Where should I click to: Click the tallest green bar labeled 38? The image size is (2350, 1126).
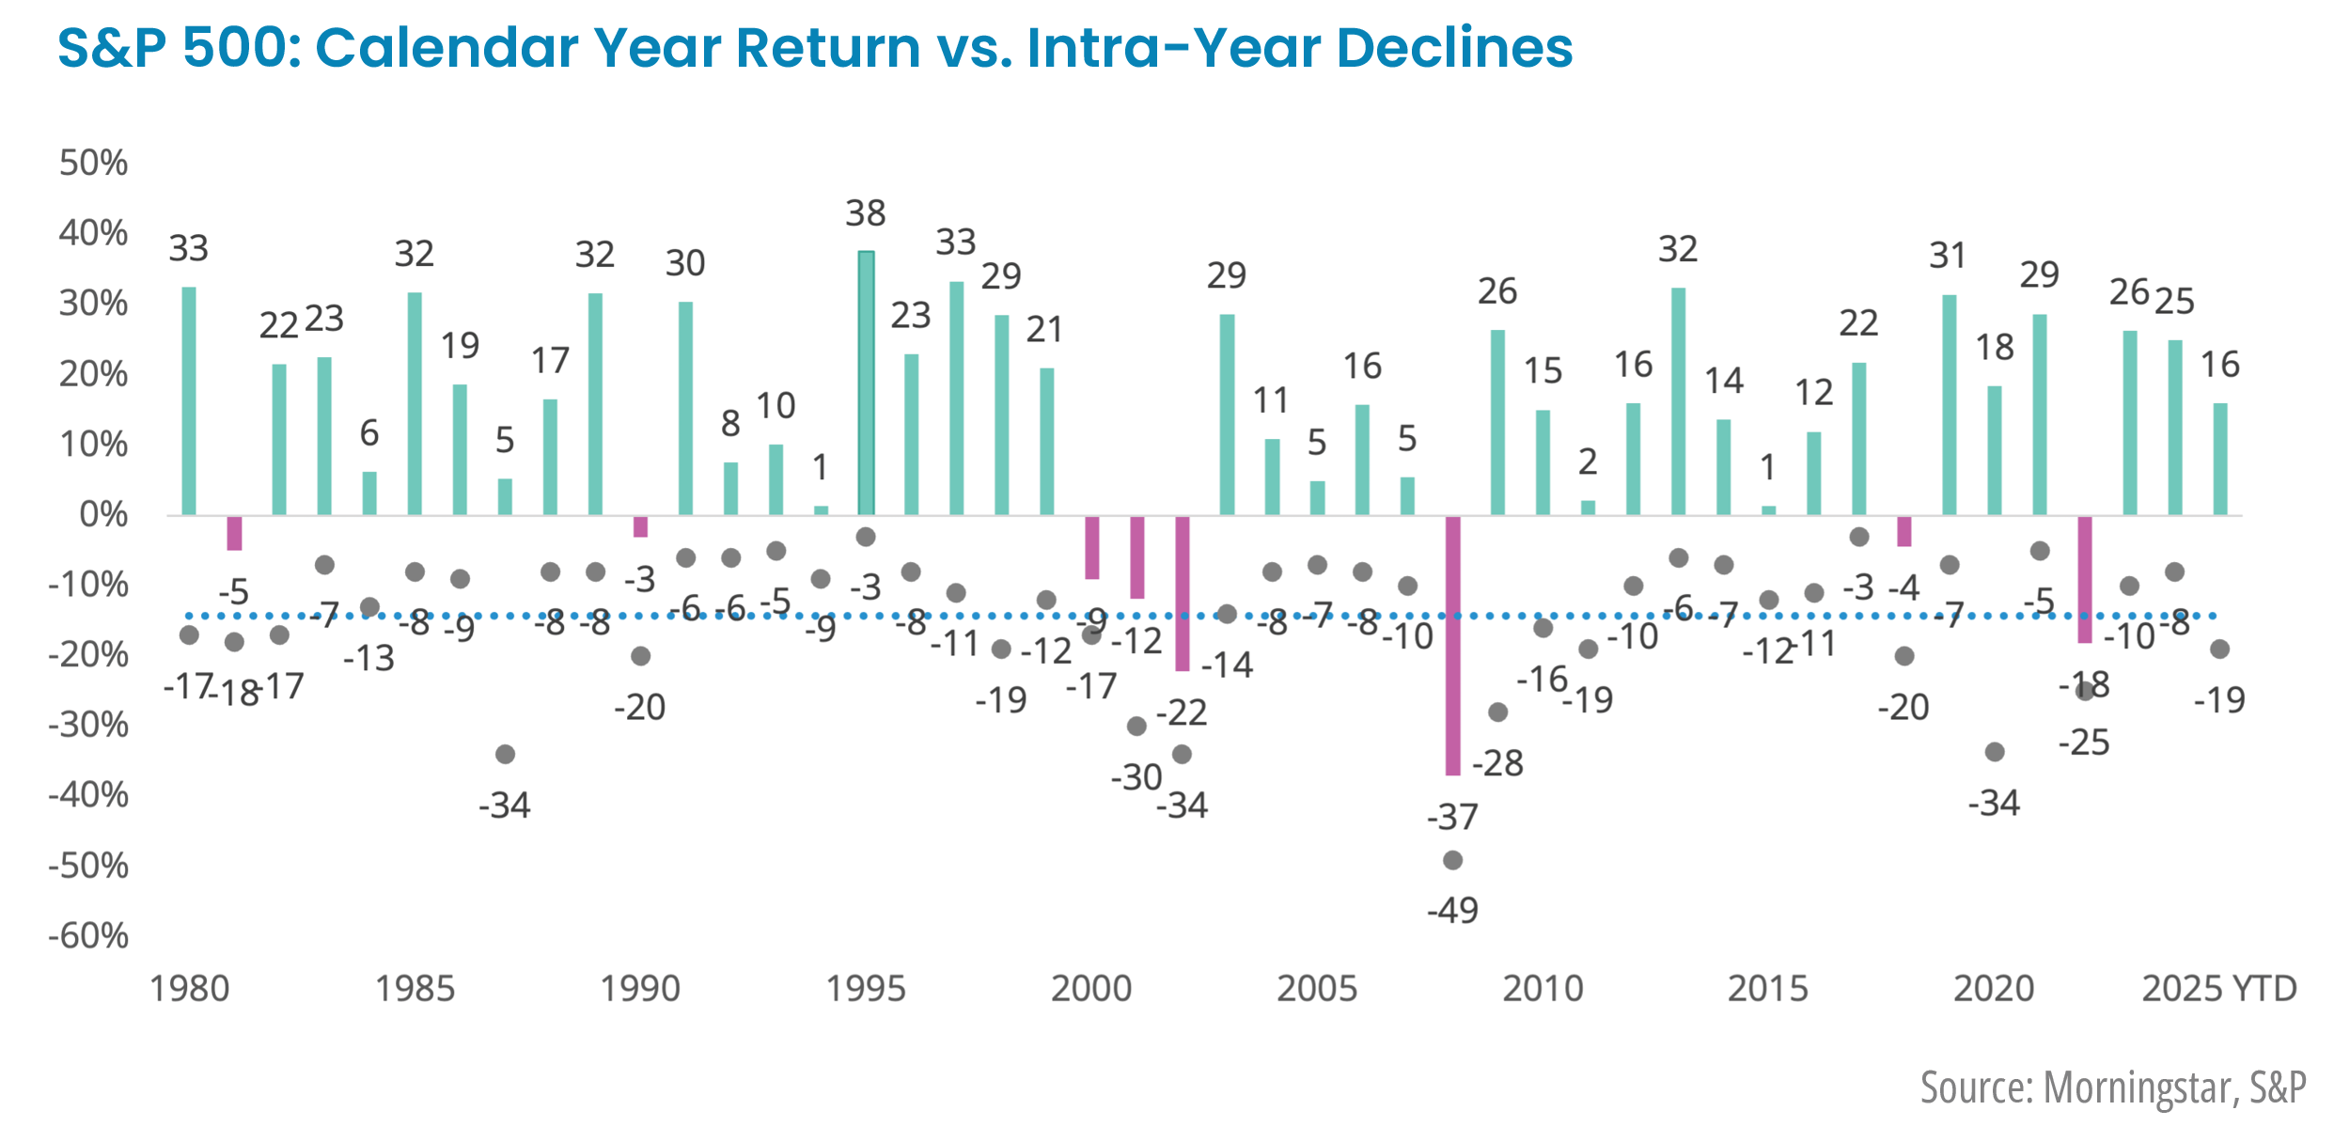pyautogui.click(x=866, y=383)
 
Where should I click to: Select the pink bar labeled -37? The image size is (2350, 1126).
pyautogui.click(x=1452, y=645)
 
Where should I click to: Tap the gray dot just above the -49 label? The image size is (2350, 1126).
pyautogui.click(x=1452, y=860)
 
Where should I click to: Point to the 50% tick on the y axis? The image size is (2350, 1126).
pyautogui.click(x=93, y=163)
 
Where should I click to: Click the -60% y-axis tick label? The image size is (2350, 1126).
pyautogui.click(x=88, y=935)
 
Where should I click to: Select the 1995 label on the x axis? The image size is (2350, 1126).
pyautogui.click(x=866, y=989)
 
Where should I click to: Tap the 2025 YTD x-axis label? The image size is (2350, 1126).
pyautogui.click(x=2218, y=989)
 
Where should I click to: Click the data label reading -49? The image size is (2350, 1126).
pyautogui.click(x=1452, y=910)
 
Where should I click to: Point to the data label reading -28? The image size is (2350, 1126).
pyautogui.click(x=1497, y=763)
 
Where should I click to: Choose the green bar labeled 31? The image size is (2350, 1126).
pyautogui.click(x=1949, y=404)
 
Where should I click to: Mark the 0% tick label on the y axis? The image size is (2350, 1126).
pyautogui.click(x=103, y=514)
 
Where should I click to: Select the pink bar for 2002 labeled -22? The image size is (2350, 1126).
pyautogui.click(x=1183, y=593)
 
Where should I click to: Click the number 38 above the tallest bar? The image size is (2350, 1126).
pyautogui.click(x=866, y=213)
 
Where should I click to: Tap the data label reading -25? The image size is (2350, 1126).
pyautogui.click(x=2084, y=743)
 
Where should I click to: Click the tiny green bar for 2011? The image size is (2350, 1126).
pyautogui.click(x=1588, y=508)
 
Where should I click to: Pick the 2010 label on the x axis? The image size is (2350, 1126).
pyautogui.click(x=1543, y=989)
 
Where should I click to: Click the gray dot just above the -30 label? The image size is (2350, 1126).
pyautogui.click(x=1136, y=726)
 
